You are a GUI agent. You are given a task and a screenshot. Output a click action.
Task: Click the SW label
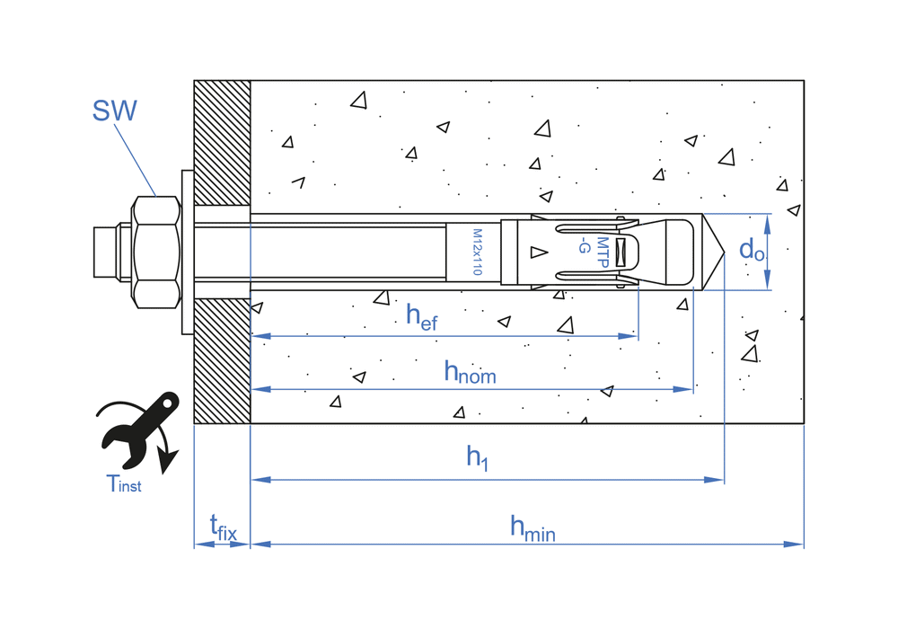click(x=114, y=111)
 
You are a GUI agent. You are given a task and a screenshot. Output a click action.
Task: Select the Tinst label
click(x=124, y=484)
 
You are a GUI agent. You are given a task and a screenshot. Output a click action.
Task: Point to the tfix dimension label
click(x=223, y=527)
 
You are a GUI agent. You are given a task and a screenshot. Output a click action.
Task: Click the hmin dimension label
click(x=533, y=527)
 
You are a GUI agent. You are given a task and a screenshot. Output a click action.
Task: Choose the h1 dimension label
click(x=476, y=457)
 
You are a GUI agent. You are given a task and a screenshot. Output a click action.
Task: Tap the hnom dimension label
click(x=470, y=371)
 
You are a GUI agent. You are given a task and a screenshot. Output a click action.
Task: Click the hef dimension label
click(x=421, y=316)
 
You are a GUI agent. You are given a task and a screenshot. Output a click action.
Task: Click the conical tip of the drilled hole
click(x=714, y=252)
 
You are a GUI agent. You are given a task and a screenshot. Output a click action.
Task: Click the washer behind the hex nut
click(x=187, y=252)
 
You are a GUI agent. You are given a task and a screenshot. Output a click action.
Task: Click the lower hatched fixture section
click(x=222, y=360)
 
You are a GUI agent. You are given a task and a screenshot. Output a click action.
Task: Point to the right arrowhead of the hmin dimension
click(x=796, y=544)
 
